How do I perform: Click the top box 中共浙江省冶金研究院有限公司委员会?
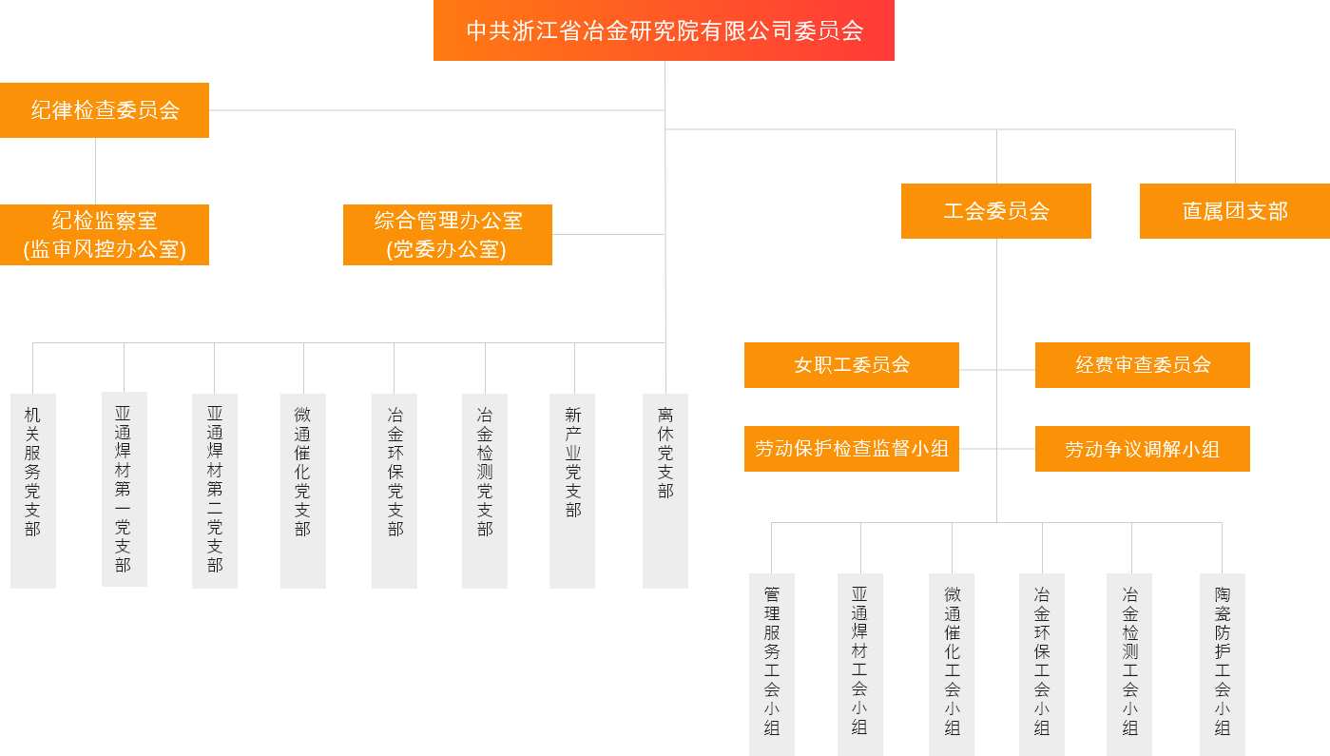coord(664,30)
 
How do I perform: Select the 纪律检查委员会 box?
coord(105,110)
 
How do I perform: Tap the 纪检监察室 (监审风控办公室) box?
coord(105,235)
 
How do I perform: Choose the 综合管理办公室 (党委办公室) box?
coord(448,235)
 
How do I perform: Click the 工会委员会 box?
coord(996,211)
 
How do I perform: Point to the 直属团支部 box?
coord(1235,211)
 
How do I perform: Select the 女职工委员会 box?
coord(852,365)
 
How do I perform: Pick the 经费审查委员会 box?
coord(1143,365)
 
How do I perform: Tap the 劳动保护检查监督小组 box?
coord(852,449)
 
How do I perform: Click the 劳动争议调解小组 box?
coord(1143,449)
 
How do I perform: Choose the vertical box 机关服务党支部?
coord(33,491)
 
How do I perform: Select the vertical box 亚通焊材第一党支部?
coord(125,489)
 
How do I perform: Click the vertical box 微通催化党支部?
coord(303,491)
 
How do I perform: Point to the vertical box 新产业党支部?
coord(572,491)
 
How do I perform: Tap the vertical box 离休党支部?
coord(665,491)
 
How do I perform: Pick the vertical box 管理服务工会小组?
coord(772,664)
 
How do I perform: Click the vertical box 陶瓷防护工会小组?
coord(1223,664)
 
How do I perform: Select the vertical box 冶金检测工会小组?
coord(1129,664)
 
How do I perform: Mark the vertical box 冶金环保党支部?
coord(395,491)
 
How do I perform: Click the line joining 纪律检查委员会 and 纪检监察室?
coord(95,171)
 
